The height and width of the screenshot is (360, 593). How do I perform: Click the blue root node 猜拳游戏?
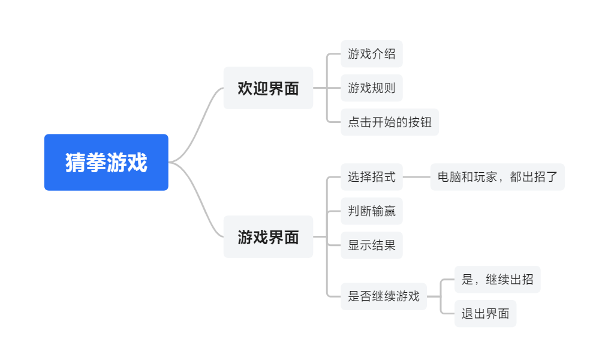[x=106, y=162]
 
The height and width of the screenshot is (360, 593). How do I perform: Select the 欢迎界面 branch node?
[x=268, y=88]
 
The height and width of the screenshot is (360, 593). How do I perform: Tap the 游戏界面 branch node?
[x=268, y=237]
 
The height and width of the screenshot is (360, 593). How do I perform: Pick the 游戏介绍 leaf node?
[x=371, y=54]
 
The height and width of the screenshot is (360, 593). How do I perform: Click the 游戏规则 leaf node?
[x=371, y=88]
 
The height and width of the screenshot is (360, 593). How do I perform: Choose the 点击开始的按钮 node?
[x=390, y=122]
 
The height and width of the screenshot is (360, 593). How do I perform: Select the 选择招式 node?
[x=371, y=177]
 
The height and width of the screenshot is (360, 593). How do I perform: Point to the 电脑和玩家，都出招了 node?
[x=497, y=177]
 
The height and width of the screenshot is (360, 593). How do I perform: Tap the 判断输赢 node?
[x=371, y=211]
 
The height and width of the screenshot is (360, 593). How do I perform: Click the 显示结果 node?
[x=371, y=245]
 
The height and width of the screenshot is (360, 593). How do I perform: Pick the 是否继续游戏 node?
[x=384, y=296]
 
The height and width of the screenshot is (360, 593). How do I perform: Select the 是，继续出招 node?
[x=497, y=280]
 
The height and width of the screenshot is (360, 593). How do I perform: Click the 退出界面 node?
[x=485, y=313]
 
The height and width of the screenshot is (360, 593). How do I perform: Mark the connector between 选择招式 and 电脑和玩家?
[x=416, y=177]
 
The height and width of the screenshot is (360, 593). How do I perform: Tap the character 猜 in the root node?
[x=76, y=163]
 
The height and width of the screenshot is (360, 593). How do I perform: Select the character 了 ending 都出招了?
[x=552, y=177]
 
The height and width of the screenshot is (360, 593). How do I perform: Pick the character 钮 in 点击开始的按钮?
[x=426, y=122]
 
